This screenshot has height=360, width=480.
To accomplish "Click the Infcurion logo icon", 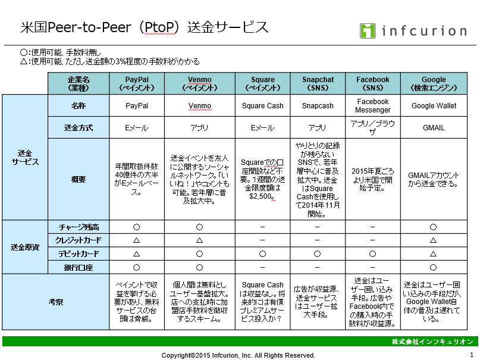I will click(x=368, y=30).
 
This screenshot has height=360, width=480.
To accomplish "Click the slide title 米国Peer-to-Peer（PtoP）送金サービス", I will click(x=144, y=27).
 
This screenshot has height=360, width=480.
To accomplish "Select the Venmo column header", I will click(x=199, y=83).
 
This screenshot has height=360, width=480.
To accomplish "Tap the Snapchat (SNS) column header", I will click(x=318, y=83).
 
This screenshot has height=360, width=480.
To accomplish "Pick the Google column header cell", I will click(x=434, y=83).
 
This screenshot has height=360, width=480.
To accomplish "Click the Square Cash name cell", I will click(x=262, y=106).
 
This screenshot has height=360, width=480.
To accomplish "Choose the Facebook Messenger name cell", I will click(x=372, y=106).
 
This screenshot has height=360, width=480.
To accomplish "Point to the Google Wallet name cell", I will click(x=434, y=106).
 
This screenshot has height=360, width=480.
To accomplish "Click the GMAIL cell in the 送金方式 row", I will click(x=434, y=128).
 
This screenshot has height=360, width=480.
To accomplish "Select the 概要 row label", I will click(x=78, y=179).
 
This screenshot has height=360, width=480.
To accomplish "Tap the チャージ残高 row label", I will click(x=78, y=227).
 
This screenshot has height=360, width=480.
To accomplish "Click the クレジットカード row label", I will click(x=78, y=240).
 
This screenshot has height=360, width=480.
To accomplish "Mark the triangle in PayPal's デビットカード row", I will click(x=137, y=253).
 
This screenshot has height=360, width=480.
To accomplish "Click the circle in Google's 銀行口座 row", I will click(x=434, y=267).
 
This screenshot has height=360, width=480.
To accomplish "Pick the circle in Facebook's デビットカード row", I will click(x=372, y=253).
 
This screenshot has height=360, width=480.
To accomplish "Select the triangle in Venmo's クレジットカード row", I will click(x=199, y=240).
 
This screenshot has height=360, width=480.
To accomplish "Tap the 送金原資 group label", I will click(x=25, y=247).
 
